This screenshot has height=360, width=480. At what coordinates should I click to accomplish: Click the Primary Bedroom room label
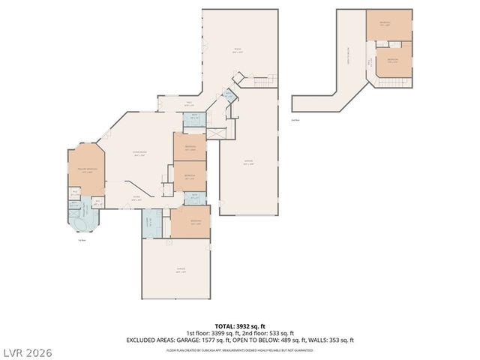point(83,170)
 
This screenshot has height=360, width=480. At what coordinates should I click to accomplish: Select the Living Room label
point(139,152)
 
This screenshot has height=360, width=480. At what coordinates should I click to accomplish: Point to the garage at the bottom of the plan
point(180,270)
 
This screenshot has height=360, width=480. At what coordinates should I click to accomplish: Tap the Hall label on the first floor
point(189,104)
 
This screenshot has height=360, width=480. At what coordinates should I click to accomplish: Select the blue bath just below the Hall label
point(194,118)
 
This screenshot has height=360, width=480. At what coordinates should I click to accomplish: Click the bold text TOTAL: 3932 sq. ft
point(239,326)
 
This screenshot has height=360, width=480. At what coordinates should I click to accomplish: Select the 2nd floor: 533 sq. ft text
point(271,333)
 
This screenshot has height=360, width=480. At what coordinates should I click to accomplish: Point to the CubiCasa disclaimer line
point(240,349)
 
